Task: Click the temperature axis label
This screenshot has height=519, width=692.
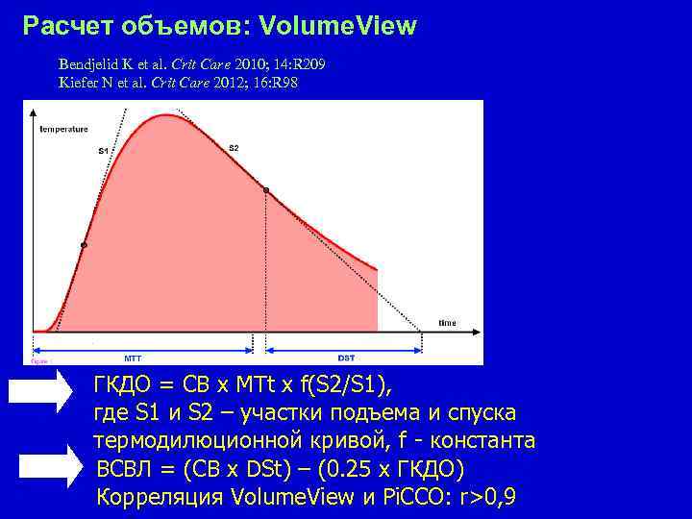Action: pyautogui.click(x=63, y=129)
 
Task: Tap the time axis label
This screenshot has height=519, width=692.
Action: pyautogui.click(x=447, y=323)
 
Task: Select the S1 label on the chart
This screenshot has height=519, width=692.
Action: pyautogui.click(x=103, y=151)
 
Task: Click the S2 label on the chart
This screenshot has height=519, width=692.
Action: pyautogui.click(x=234, y=148)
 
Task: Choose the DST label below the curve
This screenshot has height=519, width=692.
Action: pyautogui.click(x=347, y=356)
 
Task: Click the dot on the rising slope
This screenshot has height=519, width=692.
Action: pyautogui.click(x=84, y=246)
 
